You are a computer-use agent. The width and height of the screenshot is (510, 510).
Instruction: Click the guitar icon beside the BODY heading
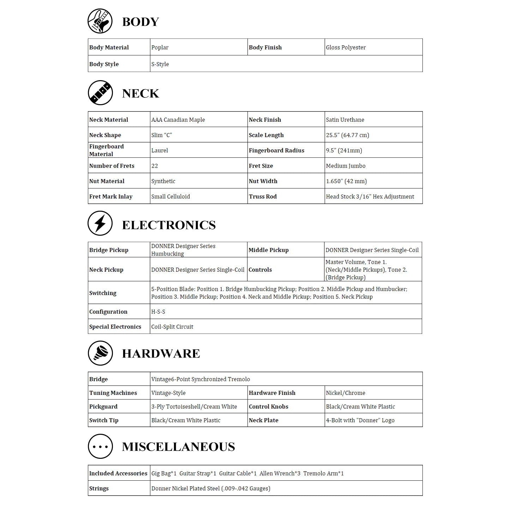[100, 21]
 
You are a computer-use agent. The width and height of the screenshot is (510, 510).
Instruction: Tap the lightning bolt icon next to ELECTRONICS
[100, 223]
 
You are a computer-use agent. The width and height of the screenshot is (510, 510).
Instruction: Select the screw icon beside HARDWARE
[100, 353]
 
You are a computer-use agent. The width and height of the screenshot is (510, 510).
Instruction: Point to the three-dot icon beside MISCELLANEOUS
[100, 446]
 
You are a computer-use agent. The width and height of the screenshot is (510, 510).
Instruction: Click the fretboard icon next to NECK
[100, 93]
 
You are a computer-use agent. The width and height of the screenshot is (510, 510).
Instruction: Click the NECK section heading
[140, 94]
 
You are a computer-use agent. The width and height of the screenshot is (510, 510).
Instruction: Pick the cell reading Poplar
[160, 48]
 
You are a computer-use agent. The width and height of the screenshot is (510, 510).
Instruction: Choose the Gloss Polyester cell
[346, 48]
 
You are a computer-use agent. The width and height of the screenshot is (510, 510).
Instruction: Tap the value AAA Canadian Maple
[178, 120]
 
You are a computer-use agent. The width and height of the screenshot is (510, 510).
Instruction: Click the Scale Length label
[266, 135]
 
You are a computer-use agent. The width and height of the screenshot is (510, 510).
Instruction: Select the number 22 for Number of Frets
[155, 166]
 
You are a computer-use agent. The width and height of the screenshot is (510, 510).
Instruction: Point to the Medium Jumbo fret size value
[346, 166]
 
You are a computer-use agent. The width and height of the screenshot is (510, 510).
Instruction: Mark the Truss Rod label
[263, 197]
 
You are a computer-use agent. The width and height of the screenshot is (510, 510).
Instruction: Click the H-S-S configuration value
[158, 312]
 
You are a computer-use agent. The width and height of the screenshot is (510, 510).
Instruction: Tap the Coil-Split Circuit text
[172, 327]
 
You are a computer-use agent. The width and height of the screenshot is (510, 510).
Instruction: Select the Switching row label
[103, 293]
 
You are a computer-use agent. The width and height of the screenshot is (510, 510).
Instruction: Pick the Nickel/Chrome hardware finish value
[346, 393]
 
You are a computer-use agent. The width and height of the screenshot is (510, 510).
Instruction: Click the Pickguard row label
[103, 407]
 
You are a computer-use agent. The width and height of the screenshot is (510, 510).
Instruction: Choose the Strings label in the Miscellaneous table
[99, 488]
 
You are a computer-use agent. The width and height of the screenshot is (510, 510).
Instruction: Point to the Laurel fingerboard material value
[160, 150]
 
